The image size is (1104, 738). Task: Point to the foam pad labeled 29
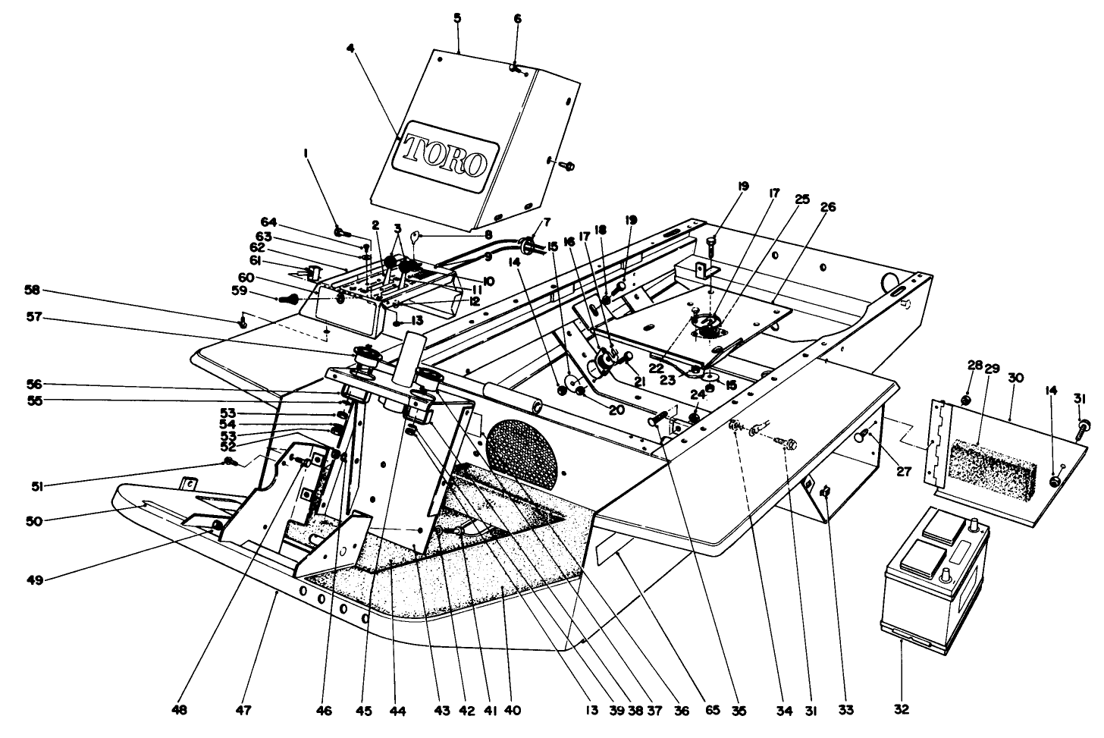click(x=990, y=466)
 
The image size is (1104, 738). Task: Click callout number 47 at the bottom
click(x=244, y=711)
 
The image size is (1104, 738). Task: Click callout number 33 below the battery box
click(x=845, y=711)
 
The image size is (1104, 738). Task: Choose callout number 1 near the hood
click(x=306, y=153)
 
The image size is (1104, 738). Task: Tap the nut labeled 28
click(x=967, y=400)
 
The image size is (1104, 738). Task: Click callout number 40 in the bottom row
click(x=513, y=711)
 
